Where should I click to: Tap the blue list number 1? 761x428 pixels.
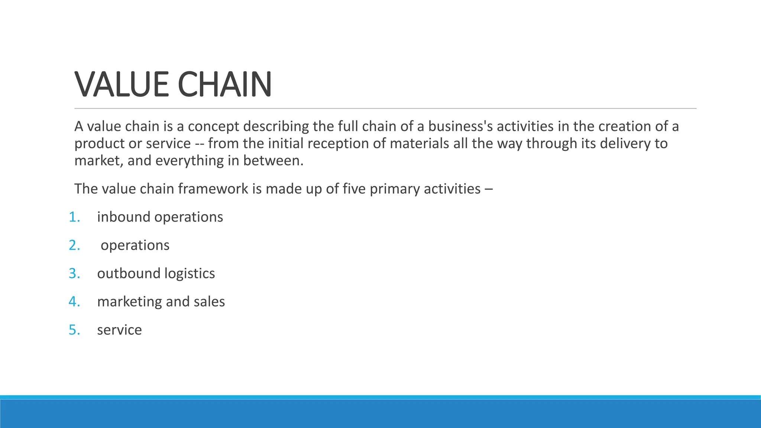(x=74, y=217)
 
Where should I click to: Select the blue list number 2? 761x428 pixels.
(x=74, y=245)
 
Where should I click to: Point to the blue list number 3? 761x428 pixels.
(x=74, y=273)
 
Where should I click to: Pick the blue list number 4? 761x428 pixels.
(x=74, y=302)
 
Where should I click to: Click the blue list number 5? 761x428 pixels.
(x=74, y=330)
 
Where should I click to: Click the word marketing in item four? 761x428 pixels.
(x=129, y=302)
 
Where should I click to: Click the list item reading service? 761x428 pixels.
(x=119, y=330)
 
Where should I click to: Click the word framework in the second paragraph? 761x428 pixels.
(x=213, y=189)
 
